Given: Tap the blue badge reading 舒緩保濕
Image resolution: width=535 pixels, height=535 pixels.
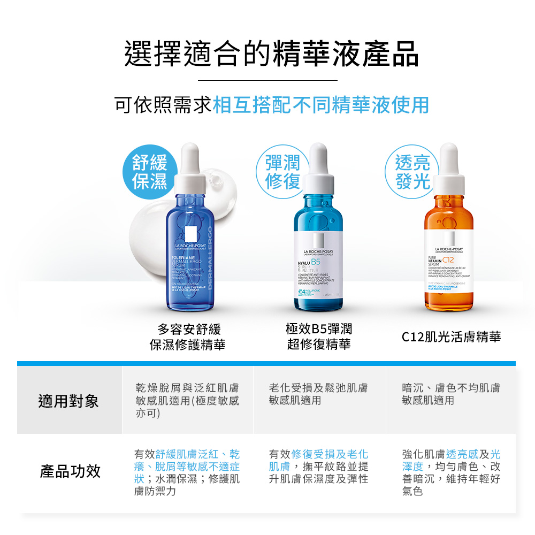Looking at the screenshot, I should (x=150, y=172).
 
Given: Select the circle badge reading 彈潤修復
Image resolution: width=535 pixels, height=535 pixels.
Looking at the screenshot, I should (x=282, y=172).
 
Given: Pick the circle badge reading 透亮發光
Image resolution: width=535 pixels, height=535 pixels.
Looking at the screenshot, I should (x=413, y=172).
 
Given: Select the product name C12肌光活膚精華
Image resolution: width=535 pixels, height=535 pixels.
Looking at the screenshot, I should (x=452, y=337).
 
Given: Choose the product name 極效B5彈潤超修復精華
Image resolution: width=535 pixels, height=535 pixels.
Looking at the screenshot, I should (x=319, y=337).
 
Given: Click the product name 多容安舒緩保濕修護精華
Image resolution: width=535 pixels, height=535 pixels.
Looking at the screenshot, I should (x=187, y=337).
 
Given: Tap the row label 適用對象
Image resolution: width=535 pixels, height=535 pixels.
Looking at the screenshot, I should (x=68, y=401).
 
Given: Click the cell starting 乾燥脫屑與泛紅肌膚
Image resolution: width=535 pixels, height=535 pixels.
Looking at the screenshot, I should (x=187, y=400).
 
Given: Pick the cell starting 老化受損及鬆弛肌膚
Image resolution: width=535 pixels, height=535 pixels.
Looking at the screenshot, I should (x=319, y=394).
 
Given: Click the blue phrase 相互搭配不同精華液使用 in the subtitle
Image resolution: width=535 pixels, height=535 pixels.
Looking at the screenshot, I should (x=321, y=105).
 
